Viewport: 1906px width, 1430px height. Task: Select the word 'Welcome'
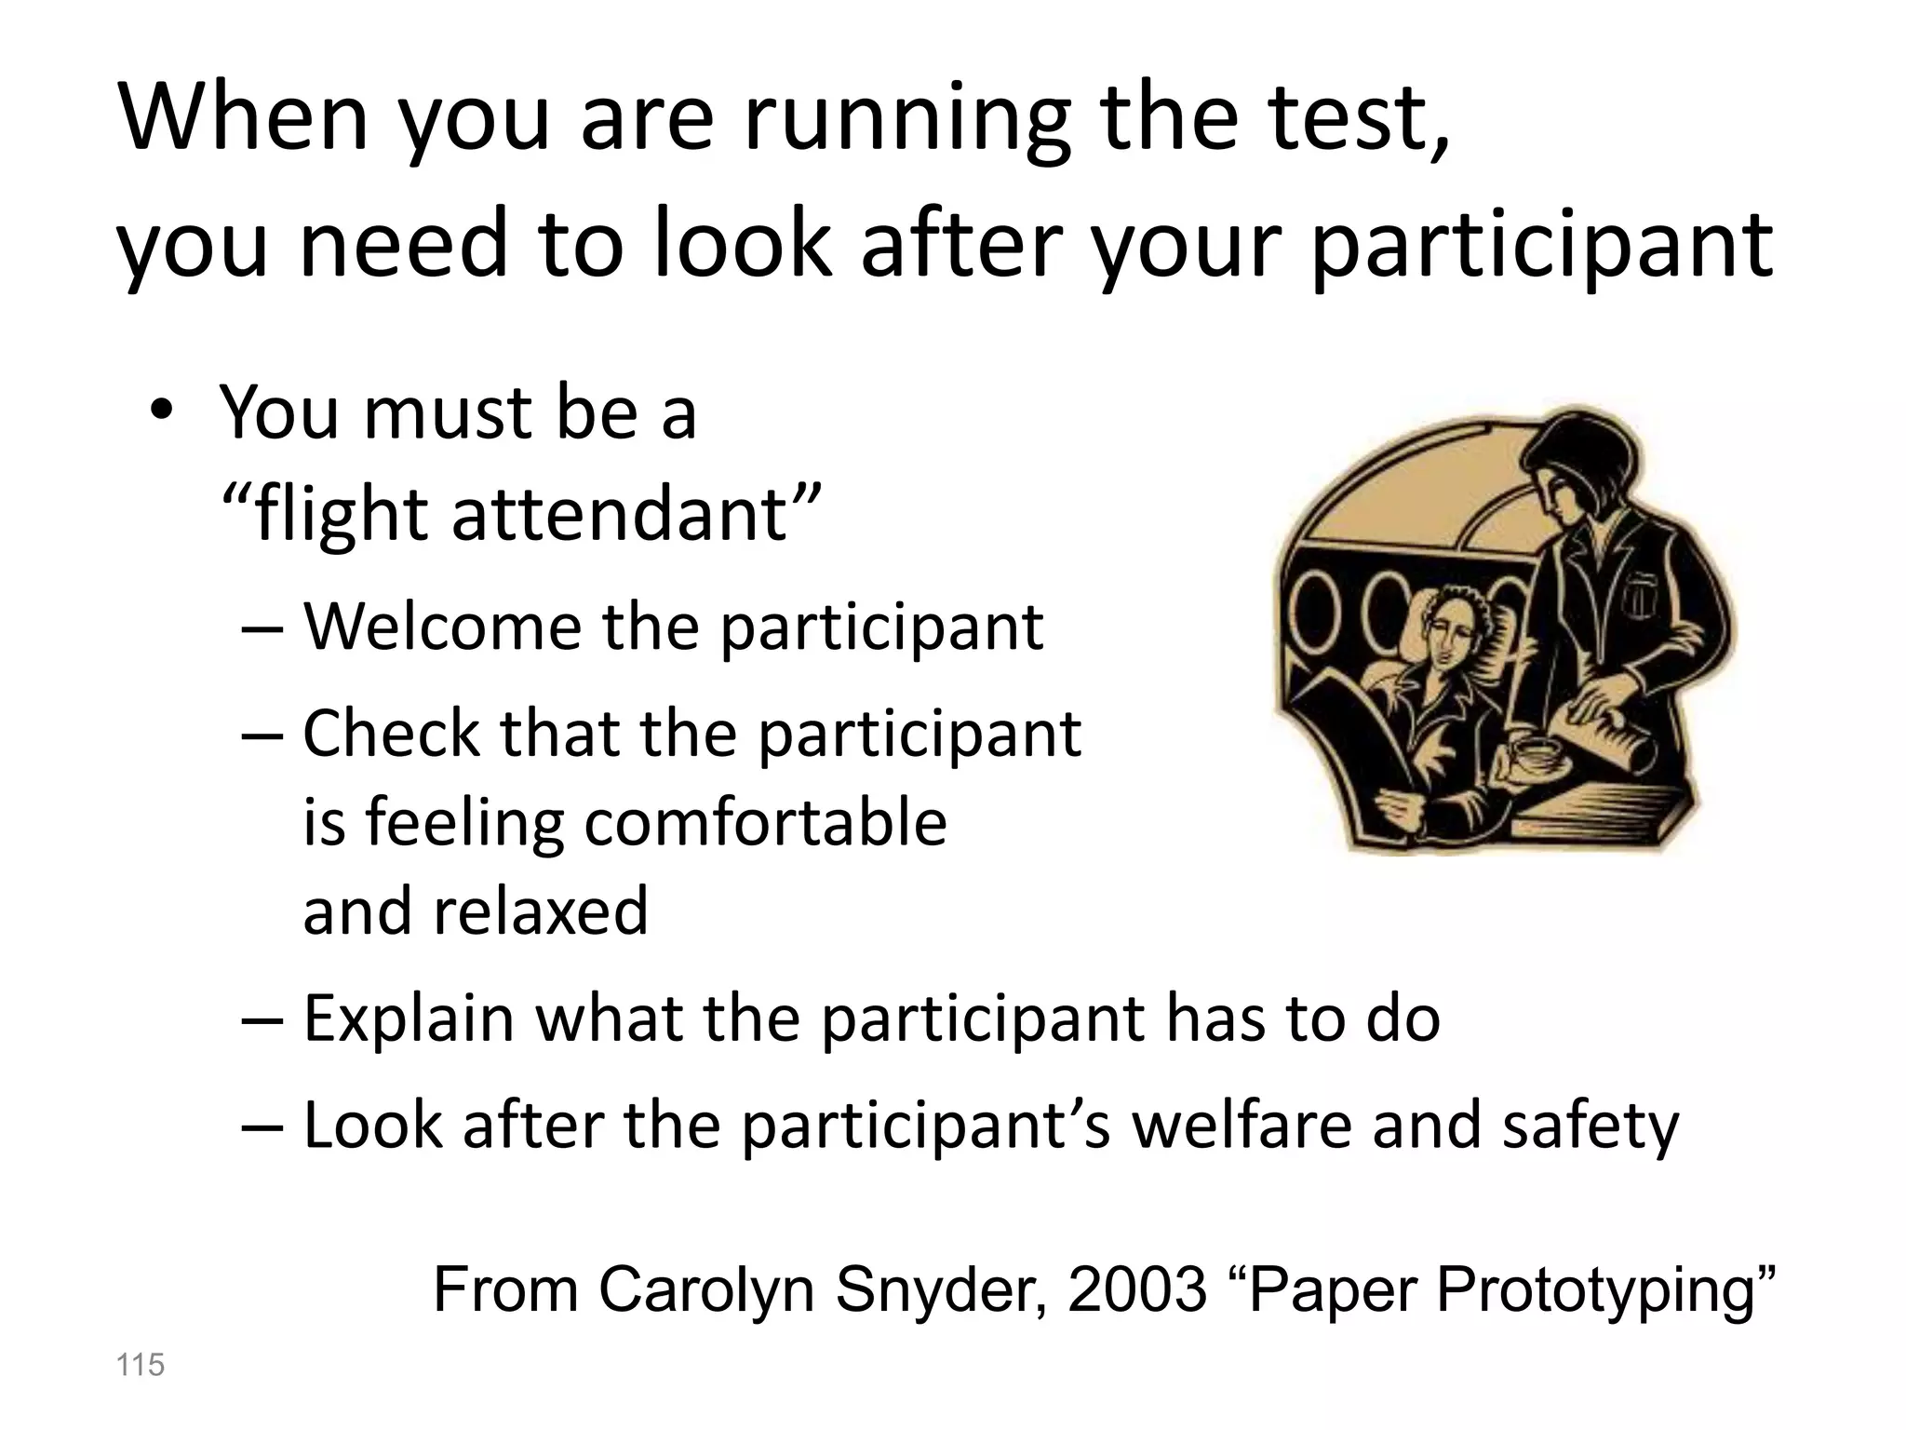tap(443, 626)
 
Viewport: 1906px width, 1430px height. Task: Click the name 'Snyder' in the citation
tap(940, 1290)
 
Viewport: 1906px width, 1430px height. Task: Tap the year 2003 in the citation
tap(1136, 1290)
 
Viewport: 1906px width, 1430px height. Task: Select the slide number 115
tap(140, 1365)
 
